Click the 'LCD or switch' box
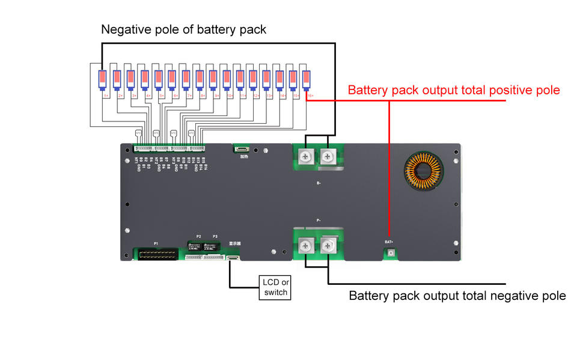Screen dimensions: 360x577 (x=275, y=287)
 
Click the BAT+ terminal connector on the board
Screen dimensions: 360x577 (x=390, y=254)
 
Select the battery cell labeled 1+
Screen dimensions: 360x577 (x=103, y=79)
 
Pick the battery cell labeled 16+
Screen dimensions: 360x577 (x=307, y=79)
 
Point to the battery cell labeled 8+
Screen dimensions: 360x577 (x=200, y=79)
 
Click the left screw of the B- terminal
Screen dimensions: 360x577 (x=305, y=157)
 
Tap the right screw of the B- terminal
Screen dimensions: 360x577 (x=328, y=157)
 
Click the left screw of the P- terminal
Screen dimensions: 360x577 (x=305, y=245)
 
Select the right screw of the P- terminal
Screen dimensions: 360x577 (x=328, y=245)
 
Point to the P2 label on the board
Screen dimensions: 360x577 (x=198, y=237)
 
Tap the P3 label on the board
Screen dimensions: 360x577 (x=215, y=237)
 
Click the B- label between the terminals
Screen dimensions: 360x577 (x=318, y=183)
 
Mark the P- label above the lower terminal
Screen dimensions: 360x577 (x=318, y=221)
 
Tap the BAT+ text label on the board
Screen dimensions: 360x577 (x=389, y=242)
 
